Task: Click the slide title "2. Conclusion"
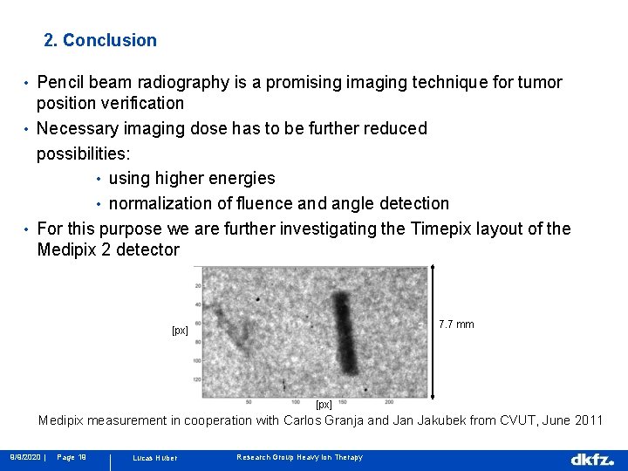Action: click(x=100, y=40)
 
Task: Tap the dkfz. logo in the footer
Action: click(x=592, y=459)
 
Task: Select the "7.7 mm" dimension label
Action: click(x=456, y=324)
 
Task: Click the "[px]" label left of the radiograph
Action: click(x=181, y=331)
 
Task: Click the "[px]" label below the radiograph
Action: click(x=324, y=405)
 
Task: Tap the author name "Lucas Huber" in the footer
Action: click(x=154, y=458)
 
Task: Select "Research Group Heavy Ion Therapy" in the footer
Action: click(x=299, y=458)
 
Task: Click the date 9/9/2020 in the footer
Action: click(x=24, y=457)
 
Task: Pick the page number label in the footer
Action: click(x=71, y=457)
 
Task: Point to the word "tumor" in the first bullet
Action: click(x=540, y=83)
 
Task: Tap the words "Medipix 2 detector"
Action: click(x=108, y=250)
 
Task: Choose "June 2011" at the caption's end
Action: click(x=570, y=420)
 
